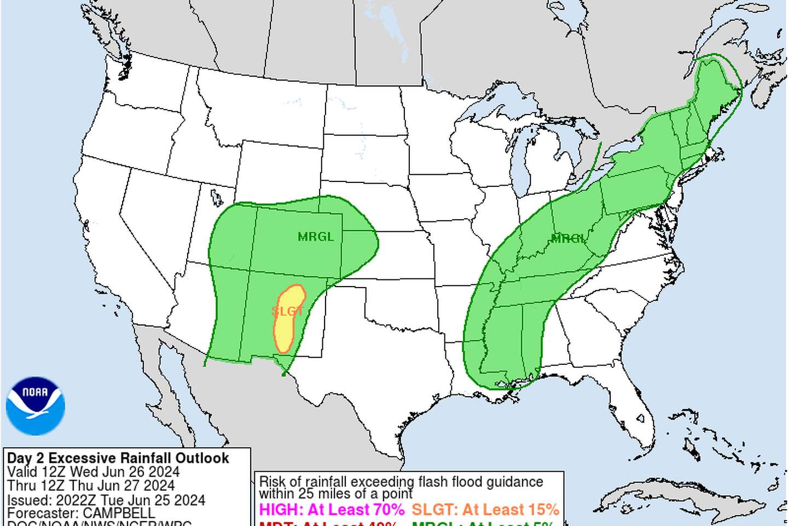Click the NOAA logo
(x=36, y=406)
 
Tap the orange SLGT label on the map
(x=287, y=311)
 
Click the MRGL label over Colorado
(x=316, y=237)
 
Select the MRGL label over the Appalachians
(x=569, y=238)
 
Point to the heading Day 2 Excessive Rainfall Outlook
(x=118, y=458)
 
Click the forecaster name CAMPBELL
(x=119, y=513)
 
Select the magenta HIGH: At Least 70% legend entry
(x=332, y=510)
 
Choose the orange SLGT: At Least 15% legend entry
(x=485, y=510)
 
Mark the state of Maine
(x=717, y=88)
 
